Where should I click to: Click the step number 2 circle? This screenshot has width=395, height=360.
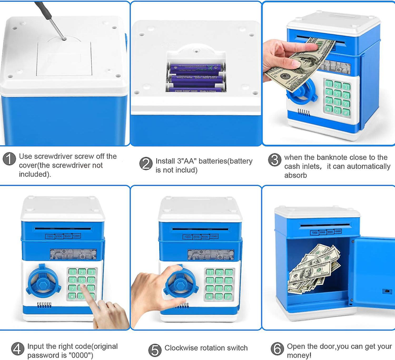146,164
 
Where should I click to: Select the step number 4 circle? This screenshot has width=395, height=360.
18,349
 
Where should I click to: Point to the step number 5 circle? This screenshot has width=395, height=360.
155,350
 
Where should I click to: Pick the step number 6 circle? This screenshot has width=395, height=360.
277,349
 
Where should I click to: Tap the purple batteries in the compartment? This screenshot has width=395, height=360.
195,76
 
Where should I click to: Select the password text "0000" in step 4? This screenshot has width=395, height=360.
78,355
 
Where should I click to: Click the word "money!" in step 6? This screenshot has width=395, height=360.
299,355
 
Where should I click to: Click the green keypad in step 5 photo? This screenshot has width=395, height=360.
221,280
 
